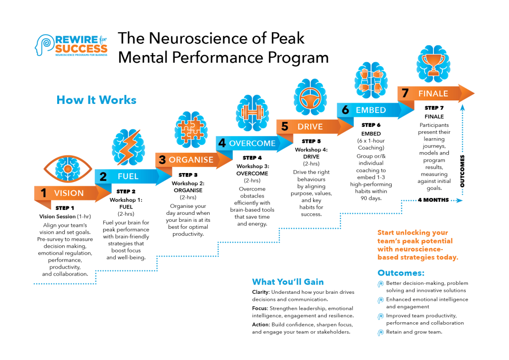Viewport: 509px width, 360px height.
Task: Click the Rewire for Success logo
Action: [71, 45]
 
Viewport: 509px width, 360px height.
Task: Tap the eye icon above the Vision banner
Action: [68, 169]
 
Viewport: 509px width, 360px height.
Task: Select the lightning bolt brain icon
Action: [129, 147]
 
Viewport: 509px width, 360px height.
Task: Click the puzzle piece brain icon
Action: [191, 129]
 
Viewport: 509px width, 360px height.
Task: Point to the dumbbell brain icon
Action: [252, 113]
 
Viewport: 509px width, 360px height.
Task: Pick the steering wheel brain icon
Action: [310, 97]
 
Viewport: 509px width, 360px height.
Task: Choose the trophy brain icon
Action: [433, 64]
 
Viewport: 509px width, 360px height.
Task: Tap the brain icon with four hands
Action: [371, 80]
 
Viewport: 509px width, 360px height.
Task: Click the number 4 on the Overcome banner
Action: [222, 143]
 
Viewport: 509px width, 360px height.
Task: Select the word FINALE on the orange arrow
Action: [433, 93]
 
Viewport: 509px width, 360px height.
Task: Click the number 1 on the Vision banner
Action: [44, 193]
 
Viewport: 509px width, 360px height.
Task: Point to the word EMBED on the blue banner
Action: [371, 110]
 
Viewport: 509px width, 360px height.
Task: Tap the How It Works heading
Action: [96, 100]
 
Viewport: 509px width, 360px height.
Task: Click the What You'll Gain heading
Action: [288, 282]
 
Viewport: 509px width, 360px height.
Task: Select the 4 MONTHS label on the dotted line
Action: [433, 200]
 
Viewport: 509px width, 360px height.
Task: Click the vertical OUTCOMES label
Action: [462, 171]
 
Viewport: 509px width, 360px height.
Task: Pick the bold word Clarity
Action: [261, 292]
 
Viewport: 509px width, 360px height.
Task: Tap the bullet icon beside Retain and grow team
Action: [380, 333]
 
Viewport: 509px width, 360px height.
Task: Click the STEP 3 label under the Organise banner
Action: [188, 175]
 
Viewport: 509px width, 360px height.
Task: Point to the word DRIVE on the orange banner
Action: [310, 127]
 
